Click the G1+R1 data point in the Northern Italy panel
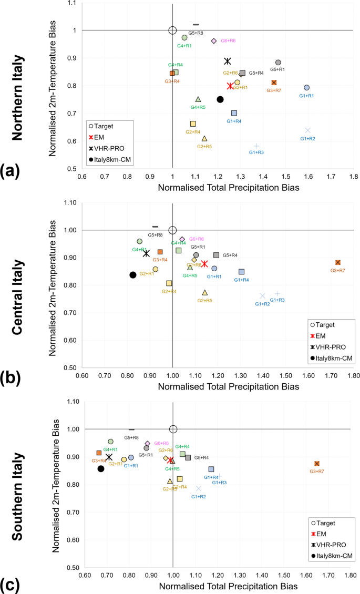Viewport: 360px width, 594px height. pos(306,88)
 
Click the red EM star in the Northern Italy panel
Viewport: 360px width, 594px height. pos(230,86)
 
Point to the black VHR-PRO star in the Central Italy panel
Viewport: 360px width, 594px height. pos(147,253)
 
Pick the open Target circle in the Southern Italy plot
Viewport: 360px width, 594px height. pos(173,429)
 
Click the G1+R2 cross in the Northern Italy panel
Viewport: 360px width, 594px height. pos(307,130)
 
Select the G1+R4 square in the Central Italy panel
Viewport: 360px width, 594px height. pos(241,272)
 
